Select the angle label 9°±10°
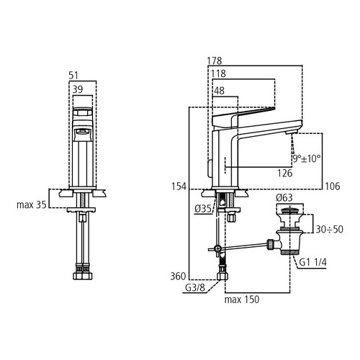pos(305,158)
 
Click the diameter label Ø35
pos(202,210)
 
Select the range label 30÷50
pos(328,230)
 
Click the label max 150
pos(241,299)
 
